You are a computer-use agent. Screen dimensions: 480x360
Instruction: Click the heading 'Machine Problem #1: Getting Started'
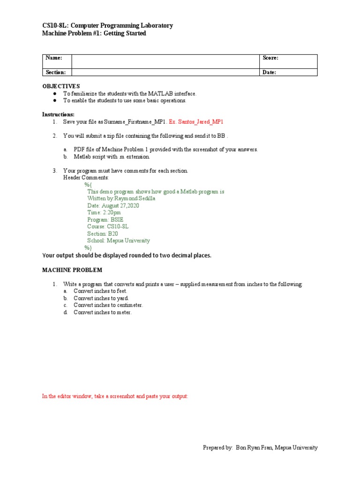click(x=94, y=33)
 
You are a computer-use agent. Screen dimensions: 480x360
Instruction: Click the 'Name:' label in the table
click(x=53, y=58)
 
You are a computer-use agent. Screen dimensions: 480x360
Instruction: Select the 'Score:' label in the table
click(x=270, y=58)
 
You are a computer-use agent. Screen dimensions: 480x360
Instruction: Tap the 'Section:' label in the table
click(x=55, y=73)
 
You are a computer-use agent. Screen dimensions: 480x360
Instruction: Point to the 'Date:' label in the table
click(x=269, y=73)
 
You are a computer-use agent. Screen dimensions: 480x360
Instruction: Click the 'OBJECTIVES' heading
click(x=61, y=86)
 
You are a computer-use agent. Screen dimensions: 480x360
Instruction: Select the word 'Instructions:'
click(x=58, y=114)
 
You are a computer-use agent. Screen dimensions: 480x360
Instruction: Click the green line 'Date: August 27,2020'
click(x=113, y=205)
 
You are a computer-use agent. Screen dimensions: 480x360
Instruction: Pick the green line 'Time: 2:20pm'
click(x=104, y=212)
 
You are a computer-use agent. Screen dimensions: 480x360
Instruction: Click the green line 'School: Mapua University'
click(x=118, y=240)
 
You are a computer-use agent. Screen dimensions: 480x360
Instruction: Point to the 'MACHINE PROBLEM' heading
click(x=72, y=270)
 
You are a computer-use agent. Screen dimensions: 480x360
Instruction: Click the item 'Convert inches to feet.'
click(x=100, y=291)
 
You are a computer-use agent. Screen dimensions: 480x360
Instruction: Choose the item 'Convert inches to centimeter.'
click(x=108, y=305)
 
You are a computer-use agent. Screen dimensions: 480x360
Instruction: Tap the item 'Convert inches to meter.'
click(x=102, y=312)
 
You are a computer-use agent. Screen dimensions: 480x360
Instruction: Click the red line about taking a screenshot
click(x=115, y=396)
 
